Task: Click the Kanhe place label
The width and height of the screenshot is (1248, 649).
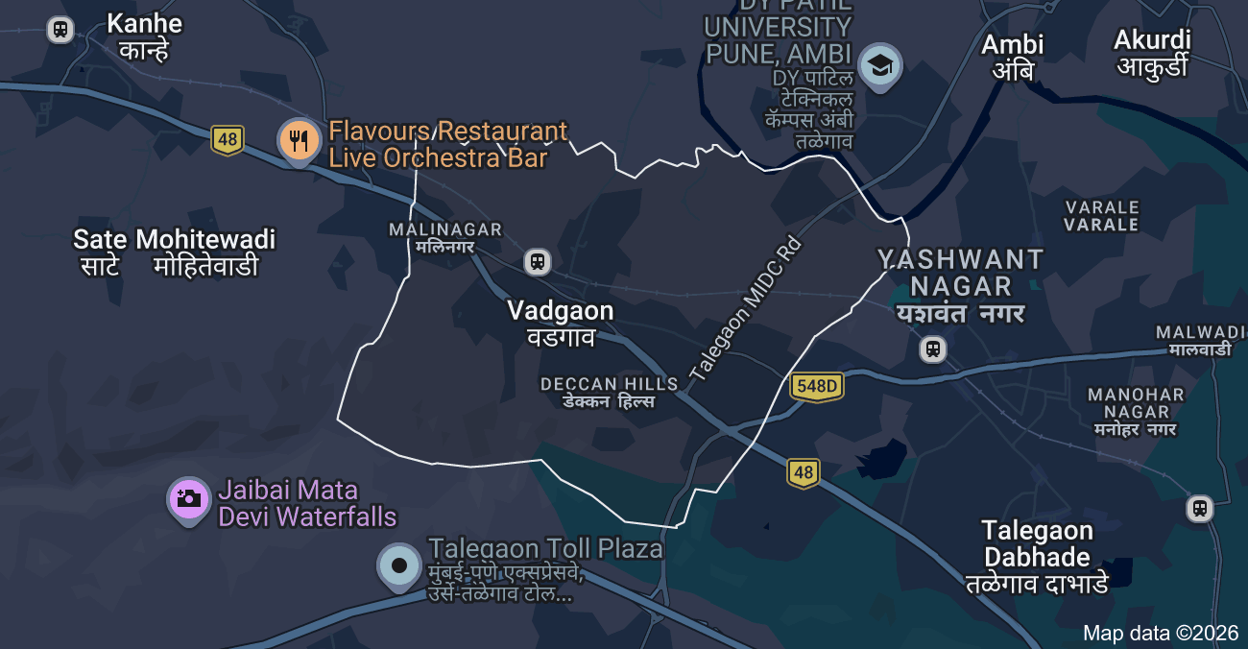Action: point(144,36)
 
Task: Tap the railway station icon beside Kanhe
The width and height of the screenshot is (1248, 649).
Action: point(60,30)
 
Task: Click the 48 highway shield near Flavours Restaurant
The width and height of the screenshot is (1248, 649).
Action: point(228,140)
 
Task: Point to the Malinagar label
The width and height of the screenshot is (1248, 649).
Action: point(444,237)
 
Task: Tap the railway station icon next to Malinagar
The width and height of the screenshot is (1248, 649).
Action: point(538,261)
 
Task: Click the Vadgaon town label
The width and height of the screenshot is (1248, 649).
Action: point(560,323)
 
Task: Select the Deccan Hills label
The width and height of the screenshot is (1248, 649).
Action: point(609,392)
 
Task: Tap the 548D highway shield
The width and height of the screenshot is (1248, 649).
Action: point(817,387)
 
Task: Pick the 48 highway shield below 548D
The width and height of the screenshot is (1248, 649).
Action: point(804,472)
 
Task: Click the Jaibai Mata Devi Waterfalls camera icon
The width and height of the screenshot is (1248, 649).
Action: point(188,497)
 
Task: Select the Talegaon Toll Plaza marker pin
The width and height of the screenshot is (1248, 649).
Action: point(398,565)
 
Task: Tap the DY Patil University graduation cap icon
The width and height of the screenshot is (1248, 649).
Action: point(879,66)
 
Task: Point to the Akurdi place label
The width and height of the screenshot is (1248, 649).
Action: point(1152,52)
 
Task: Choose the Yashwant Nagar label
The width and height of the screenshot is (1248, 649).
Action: point(960,286)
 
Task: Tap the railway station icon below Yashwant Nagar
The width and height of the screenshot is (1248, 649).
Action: point(932,349)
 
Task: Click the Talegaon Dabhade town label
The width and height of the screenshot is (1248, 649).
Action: point(1037,557)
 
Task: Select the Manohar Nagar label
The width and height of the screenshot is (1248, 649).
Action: point(1136,411)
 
